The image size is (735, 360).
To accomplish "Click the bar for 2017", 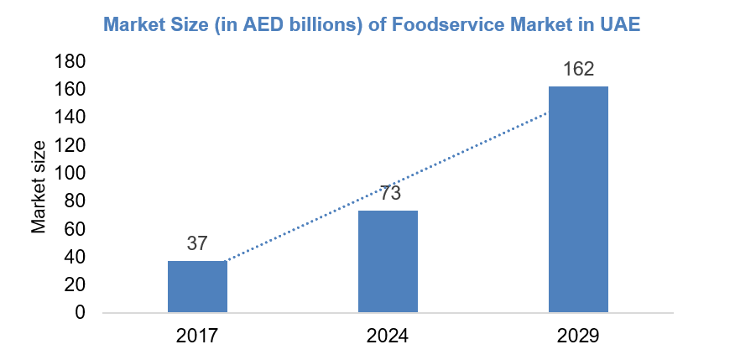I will (197, 287).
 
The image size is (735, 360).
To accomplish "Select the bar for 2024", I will (388, 262).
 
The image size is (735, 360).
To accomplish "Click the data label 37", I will (196, 244).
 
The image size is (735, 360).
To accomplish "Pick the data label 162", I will (578, 69).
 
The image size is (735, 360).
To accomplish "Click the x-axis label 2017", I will (197, 337).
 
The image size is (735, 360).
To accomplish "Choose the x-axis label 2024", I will (388, 337).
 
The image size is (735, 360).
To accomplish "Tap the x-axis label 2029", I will (578, 337).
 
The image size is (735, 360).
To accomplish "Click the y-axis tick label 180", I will (69, 61).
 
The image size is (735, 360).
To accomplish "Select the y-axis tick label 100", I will (69, 173).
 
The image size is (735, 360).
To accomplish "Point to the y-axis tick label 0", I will (80, 313).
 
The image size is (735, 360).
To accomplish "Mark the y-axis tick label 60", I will (74, 229).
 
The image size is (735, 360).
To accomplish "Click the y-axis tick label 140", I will (69, 117).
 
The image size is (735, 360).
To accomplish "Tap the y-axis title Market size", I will (39, 187).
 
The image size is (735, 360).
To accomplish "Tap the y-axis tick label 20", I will (74, 285).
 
